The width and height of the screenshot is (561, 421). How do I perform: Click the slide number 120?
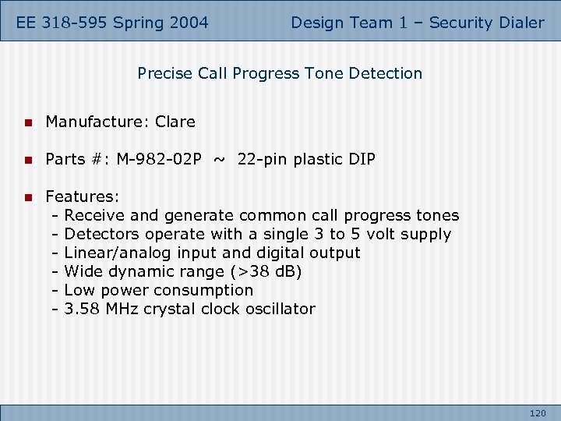click(538, 412)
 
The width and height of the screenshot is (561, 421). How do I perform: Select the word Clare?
click(175, 122)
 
